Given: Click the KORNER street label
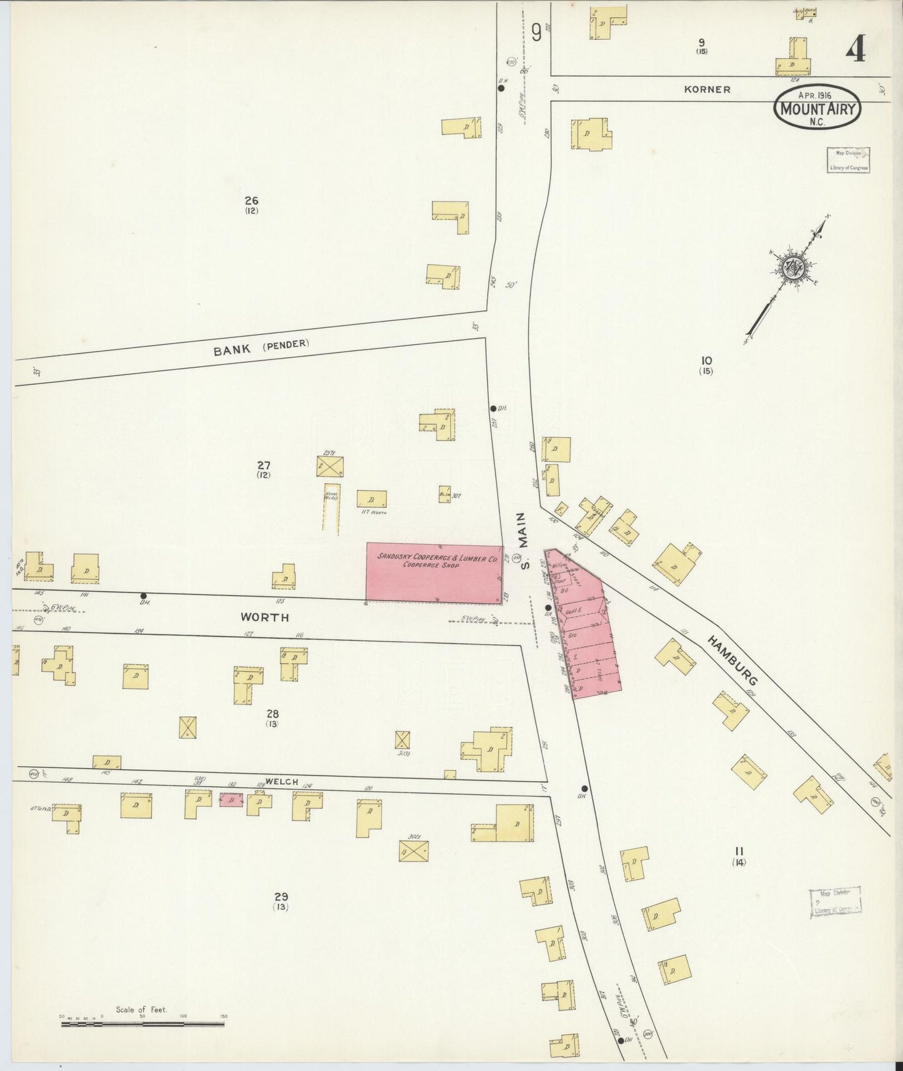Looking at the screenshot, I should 707,89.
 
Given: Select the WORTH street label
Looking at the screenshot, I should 265,617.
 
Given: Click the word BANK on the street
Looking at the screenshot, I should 232,350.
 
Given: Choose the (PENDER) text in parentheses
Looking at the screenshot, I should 286,344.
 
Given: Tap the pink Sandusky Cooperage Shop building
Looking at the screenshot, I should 434,573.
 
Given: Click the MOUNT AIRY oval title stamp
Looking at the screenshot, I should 817,107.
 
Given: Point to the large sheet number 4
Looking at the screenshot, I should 856,47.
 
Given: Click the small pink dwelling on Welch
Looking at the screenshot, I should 231,800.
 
